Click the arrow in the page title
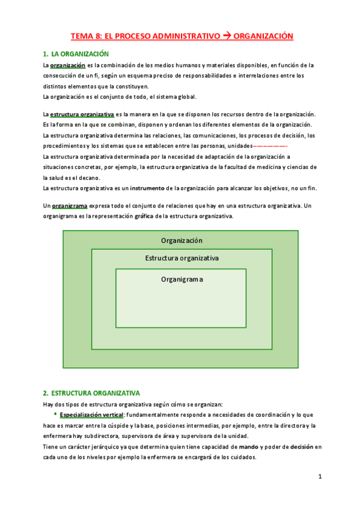coord(227,36)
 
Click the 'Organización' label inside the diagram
coord(182,241)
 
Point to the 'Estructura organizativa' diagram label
coord(182,258)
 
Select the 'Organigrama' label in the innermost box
coord(182,279)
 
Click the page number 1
coord(320,478)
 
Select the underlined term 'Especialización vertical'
coord(91,415)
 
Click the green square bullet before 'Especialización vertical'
coord(55,414)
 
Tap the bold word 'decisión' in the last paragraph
coord(303,446)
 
